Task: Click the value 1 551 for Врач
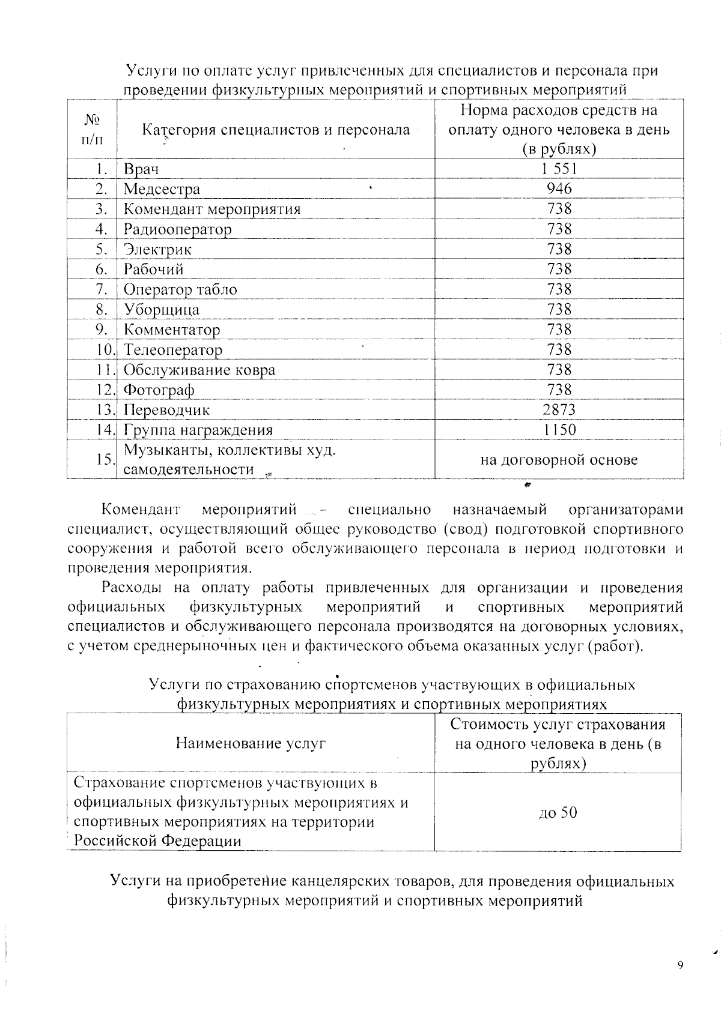(559, 169)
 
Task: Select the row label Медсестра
(162, 189)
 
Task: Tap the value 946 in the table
(559, 189)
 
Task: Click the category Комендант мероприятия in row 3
(211, 209)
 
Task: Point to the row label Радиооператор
(177, 229)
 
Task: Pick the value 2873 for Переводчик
(559, 410)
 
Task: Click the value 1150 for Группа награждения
(559, 430)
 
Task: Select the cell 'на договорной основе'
(559, 460)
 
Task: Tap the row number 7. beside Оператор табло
(102, 289)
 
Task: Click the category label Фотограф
(159, 390)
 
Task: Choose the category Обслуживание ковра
(199, 370)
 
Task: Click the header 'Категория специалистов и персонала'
(276, 130)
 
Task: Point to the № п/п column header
(91, 130)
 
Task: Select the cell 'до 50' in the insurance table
(558, 813)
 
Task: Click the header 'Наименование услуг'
(251, 743)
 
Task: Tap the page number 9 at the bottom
(680, 965)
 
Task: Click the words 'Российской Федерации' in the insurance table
(157, 840)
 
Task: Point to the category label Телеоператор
(173, 350)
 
